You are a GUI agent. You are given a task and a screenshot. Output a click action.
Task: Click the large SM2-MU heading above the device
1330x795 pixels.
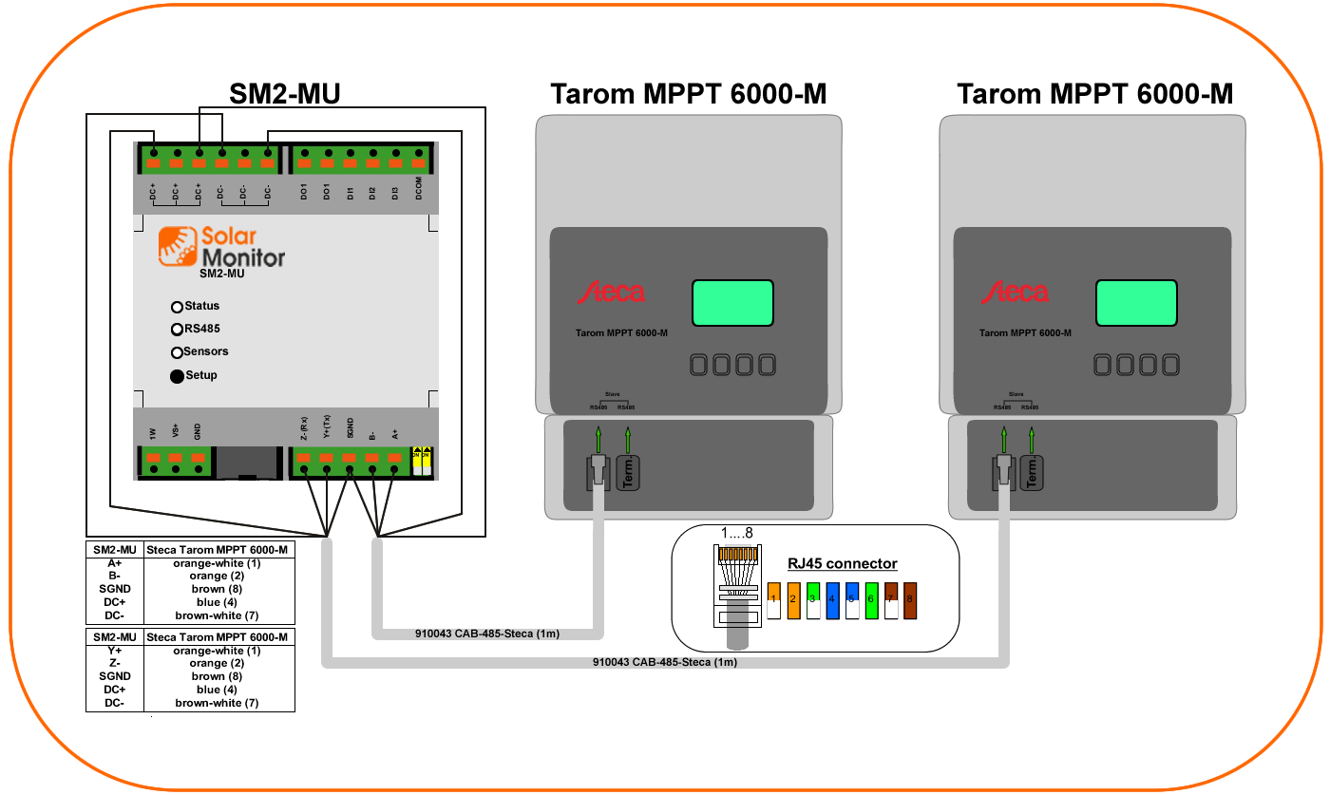point(285,93)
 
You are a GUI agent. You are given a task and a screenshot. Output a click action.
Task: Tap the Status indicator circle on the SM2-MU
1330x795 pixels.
point(177,307)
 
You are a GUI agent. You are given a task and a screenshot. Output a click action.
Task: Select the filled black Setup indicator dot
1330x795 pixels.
point(177,376)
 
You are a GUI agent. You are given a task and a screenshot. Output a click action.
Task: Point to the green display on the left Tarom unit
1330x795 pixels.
point(731,304)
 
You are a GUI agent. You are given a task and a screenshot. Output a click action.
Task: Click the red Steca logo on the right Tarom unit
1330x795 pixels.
point(1017,293)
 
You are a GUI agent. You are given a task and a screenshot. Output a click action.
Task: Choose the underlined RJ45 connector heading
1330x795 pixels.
point(842,564)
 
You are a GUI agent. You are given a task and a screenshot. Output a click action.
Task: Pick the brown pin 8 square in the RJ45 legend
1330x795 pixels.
point(910,601)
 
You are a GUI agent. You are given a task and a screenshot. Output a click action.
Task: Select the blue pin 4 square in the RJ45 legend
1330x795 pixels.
point(832,601)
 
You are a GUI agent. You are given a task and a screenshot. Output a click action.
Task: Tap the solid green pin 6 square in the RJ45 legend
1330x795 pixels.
point(871,601)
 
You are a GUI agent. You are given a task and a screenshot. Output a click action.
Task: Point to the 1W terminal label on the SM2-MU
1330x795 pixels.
point(152,433)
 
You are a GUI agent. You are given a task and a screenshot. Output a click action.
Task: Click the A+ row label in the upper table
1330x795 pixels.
point(114,563)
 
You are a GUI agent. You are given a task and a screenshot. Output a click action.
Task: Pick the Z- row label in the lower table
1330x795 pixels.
point(114,663)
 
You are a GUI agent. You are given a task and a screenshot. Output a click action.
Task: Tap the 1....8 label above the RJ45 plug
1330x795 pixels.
point(735,533)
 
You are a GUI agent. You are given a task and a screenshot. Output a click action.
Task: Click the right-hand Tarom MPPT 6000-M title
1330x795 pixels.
point(1094,94)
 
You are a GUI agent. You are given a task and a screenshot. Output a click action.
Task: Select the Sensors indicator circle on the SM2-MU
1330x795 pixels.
point(177,352)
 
